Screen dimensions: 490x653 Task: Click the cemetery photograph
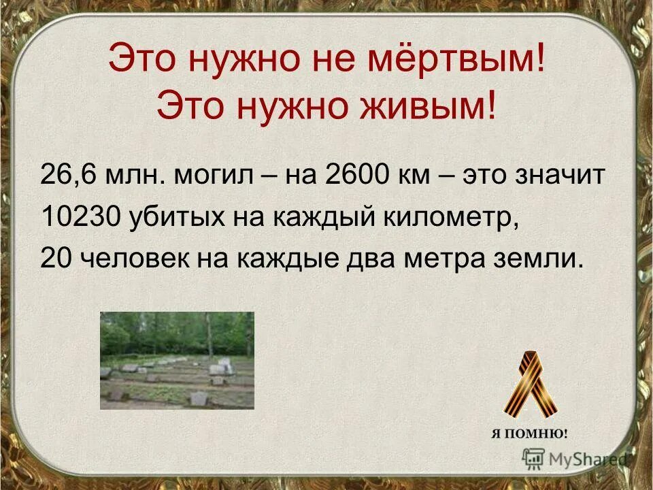(177, 360)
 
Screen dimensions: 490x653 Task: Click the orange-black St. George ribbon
(529, 385)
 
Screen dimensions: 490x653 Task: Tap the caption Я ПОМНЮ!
(529, 434)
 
